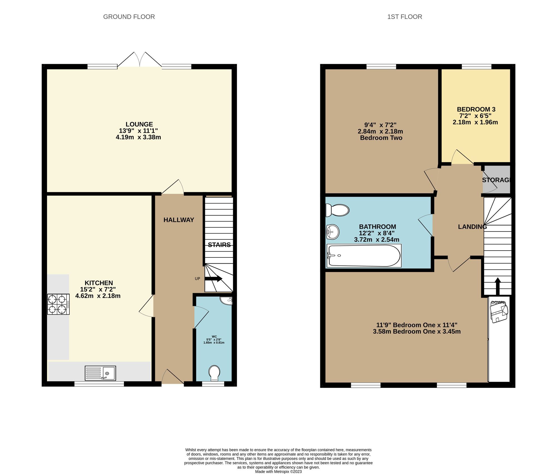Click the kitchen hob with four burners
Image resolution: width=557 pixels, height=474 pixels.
click(58, 304)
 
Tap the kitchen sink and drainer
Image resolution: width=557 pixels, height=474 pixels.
click(100, 373)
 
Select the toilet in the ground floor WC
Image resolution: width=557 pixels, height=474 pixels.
click(214, 373)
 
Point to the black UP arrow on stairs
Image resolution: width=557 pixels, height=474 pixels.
click(214, 278)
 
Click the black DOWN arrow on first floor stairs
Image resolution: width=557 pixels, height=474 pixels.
click(497, 286)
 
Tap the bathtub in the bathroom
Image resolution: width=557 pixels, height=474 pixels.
click(364, 256)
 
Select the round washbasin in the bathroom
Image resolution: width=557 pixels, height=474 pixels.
click(332, 232)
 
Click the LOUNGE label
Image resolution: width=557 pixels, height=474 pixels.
click(139, 124)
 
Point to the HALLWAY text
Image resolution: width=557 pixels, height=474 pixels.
click(179, 220)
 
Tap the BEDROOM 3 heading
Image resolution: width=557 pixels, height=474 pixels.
click(476, 109)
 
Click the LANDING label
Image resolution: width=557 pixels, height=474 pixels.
click(472, 227)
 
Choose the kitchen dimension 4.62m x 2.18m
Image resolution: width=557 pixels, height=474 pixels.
click(98, 296)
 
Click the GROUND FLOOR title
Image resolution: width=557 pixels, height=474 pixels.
click(129, 17)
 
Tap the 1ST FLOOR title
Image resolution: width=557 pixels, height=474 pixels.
click(404, 17)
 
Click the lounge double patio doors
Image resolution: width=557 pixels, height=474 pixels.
click(140, 60)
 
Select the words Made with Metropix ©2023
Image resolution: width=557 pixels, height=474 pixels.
click(278, 471)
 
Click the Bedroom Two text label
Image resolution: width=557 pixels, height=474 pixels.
click(381, 138)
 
